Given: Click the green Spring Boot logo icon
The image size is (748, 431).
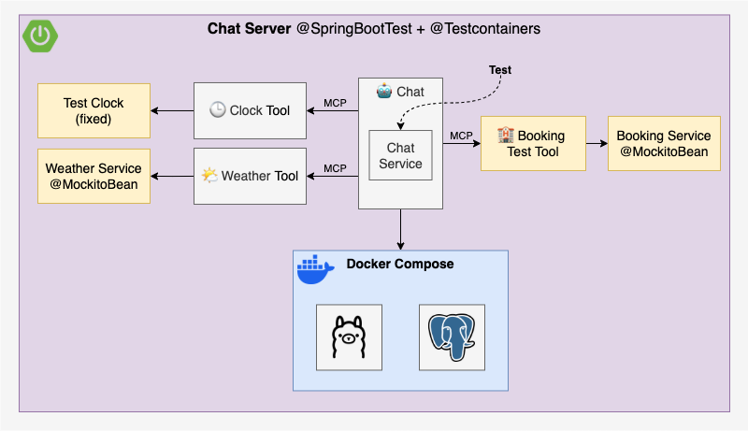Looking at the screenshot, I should [38, 36].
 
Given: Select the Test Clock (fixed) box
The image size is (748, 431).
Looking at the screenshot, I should [93, 110].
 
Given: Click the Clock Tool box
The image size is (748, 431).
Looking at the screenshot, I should [250, 110].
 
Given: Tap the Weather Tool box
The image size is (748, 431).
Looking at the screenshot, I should [250, 176].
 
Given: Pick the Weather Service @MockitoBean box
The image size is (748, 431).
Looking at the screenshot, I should [93, 176].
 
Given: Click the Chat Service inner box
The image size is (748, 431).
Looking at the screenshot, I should [400, 156].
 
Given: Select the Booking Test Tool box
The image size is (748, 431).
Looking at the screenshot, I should [533, 143].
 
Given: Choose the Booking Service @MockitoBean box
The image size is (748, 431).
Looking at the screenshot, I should [664, 143].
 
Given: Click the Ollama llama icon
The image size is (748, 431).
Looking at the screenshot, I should [349, 336].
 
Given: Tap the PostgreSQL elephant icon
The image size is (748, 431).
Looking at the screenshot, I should [452, 336].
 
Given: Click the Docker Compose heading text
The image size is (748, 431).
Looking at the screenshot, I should [400, 264].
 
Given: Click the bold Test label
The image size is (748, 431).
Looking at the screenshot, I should [500, 70].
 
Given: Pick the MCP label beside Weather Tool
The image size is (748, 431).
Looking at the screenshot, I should [336, 168].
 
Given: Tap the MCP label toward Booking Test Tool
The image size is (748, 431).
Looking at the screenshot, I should [461, 136].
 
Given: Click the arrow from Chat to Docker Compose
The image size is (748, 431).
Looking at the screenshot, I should [400, 229].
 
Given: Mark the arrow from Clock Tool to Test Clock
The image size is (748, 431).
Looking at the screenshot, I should [172, 111].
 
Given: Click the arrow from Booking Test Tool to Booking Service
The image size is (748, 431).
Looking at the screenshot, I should [597, 144].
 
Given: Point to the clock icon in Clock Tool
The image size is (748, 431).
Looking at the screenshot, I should [217, 110].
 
